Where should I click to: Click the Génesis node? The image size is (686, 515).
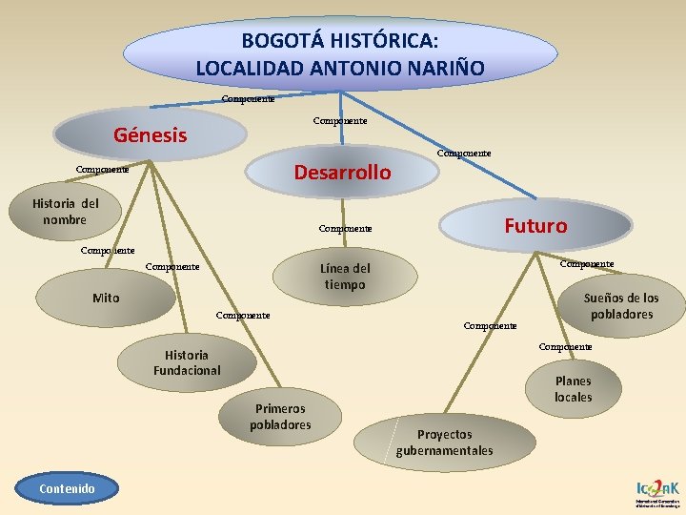tap(150, 134)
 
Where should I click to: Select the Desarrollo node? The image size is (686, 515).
tap(342, 172)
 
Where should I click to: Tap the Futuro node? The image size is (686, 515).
tap(535, 226)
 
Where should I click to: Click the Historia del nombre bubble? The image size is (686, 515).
tap(65, 211)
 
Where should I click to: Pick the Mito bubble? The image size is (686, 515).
tap(106, 298)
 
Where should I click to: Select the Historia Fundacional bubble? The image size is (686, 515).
tap(187, 362)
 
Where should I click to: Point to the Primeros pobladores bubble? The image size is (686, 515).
tap(280, 416)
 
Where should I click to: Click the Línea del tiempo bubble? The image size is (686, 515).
tap(345, 277)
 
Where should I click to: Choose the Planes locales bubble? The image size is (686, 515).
tap(573, 388)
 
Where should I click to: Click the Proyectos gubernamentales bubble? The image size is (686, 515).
tap(444, 442)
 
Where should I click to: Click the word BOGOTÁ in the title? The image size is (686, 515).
tap(278, 41)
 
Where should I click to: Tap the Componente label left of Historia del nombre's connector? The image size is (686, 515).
tap(102, 170)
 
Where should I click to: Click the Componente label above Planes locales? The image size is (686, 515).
tap(565, 347)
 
